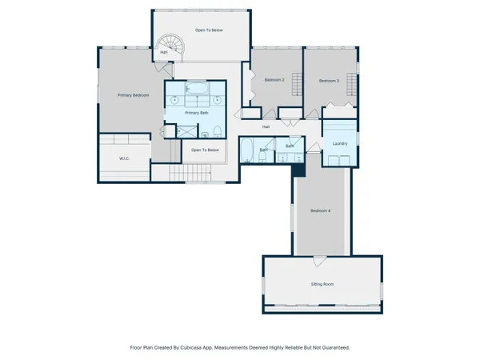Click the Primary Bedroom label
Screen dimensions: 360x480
[x=134, y=95]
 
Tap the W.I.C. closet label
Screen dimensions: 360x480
[x=124, y=158]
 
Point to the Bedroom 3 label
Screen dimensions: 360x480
[x=329, y=80]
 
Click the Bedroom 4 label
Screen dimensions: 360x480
[x=320, y=210]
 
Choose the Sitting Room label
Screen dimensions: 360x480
[x=322, y=284]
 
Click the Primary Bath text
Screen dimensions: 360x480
[x=197, y=113]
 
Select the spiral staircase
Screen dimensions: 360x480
[x=170, y=46]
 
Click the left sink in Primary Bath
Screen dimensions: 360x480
[x=175, y=101]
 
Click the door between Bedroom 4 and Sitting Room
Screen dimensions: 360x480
[x=319, y=261]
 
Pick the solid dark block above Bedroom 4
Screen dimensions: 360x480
[x=298, y=169]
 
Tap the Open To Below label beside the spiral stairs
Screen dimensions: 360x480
[x=209, y=30]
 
